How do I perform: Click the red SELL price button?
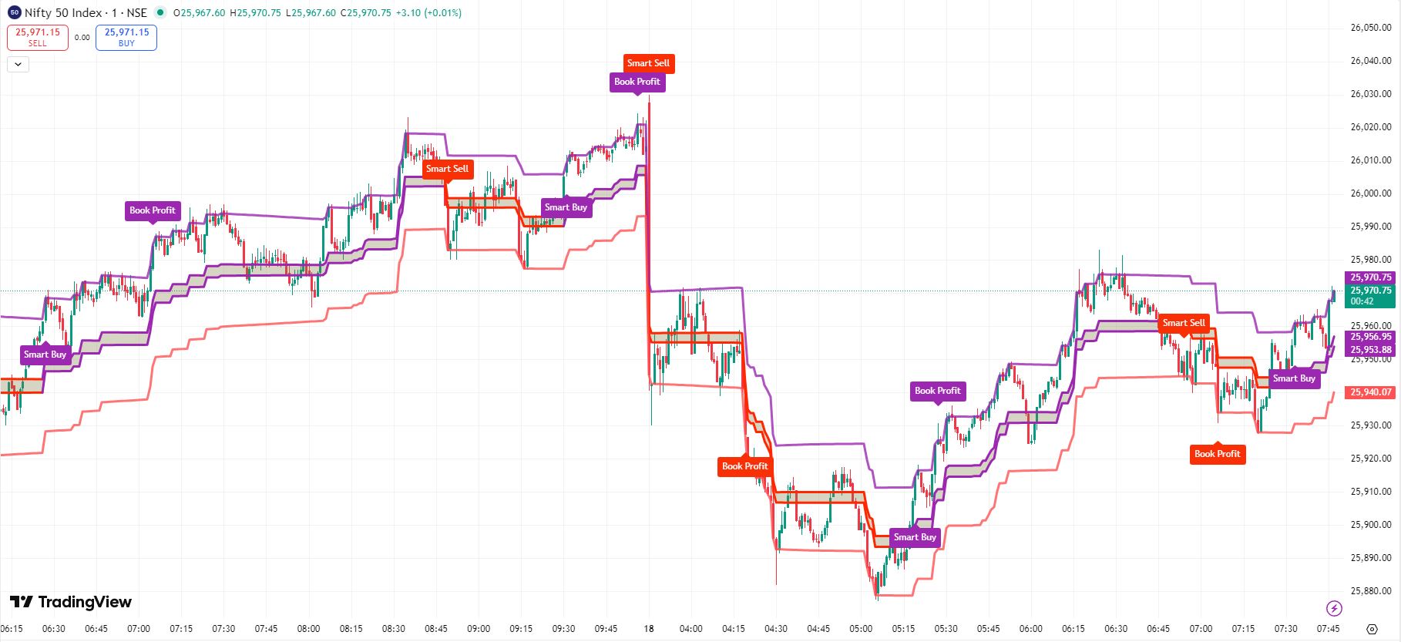pyautogui.click(x=38, y=37)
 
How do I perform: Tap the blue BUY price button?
pyautogui.click(x=126, y=37)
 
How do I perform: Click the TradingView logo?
pyautogui.click(x=70, y=602)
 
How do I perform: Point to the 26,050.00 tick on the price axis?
pyautogui.click(x=1370, y=28)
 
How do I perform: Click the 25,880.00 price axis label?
pyautogui.click(x=1370, y=591)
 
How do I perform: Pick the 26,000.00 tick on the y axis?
pyautogui.click(x=1370, y=193)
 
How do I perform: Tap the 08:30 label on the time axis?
pyautogui.click(x=393, y=629)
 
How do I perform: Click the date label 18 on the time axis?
pyautogui.click(x=649, y=629)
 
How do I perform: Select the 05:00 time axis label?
pyautogui.click(x=861, y=629)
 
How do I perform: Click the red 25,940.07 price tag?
pyautogui.click(x=1371, y=392)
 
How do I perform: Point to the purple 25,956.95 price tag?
pyautogui.click(x=1371, y=337)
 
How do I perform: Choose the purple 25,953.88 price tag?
pyautogui.click(x=1371, y=350)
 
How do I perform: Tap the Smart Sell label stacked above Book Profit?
pyautogui.click(x=648, y=63)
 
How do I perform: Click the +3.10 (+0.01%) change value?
pyautogui.click(x=428, y=12)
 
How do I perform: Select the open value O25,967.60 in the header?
pyautogui.click(x=200, y=12)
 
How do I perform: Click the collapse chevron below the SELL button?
pyautogui.click(x=18, y=65)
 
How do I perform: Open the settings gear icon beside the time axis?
pyautogui.click(x=1372, y=629)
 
